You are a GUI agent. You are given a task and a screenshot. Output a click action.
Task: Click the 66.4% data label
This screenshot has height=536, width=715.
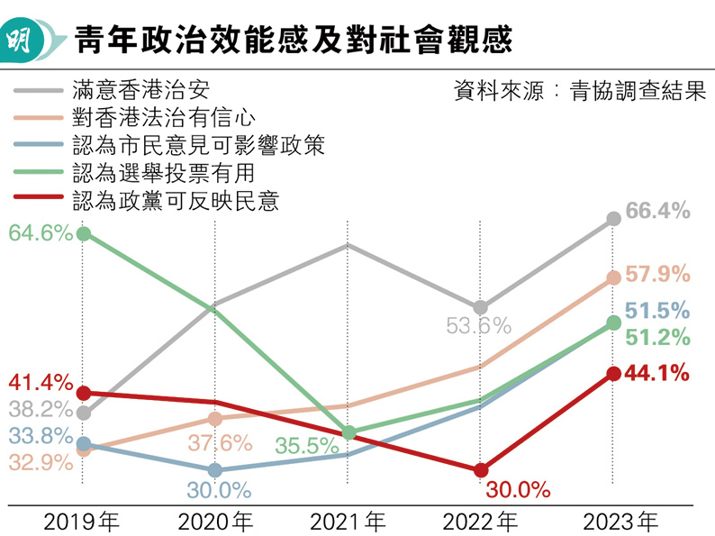tap(657, 212)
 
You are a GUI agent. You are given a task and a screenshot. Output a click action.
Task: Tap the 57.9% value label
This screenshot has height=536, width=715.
tap(657, 274)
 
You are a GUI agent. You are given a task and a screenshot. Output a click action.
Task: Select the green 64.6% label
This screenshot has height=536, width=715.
tap(41, 233)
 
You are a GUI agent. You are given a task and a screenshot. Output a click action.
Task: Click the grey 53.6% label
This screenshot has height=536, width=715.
tap(479, 326)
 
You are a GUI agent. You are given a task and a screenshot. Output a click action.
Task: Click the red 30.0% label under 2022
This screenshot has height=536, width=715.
tap(518, 490)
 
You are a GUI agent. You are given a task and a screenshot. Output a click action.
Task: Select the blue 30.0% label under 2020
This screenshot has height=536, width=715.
tap(219, 491)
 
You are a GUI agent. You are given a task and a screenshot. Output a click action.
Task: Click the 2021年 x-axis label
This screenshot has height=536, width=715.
tap(348, 521)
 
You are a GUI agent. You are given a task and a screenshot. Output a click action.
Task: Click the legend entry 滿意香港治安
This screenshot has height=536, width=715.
tap(143, 91)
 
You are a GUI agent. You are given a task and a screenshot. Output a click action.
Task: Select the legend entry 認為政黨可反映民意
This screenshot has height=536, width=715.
tap(176, 200)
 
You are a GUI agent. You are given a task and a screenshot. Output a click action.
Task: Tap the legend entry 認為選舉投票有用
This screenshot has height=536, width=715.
tap(163, 173)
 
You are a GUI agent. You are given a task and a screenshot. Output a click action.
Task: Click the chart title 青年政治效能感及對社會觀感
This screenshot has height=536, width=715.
tap(293, 41)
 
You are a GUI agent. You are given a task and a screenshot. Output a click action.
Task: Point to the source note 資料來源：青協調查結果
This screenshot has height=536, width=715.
tap(580, 91)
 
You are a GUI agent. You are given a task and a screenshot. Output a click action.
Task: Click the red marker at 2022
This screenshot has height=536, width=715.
tap(481, 469)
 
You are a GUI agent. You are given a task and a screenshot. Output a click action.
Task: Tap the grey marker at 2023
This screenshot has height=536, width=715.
tap(614, 218)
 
